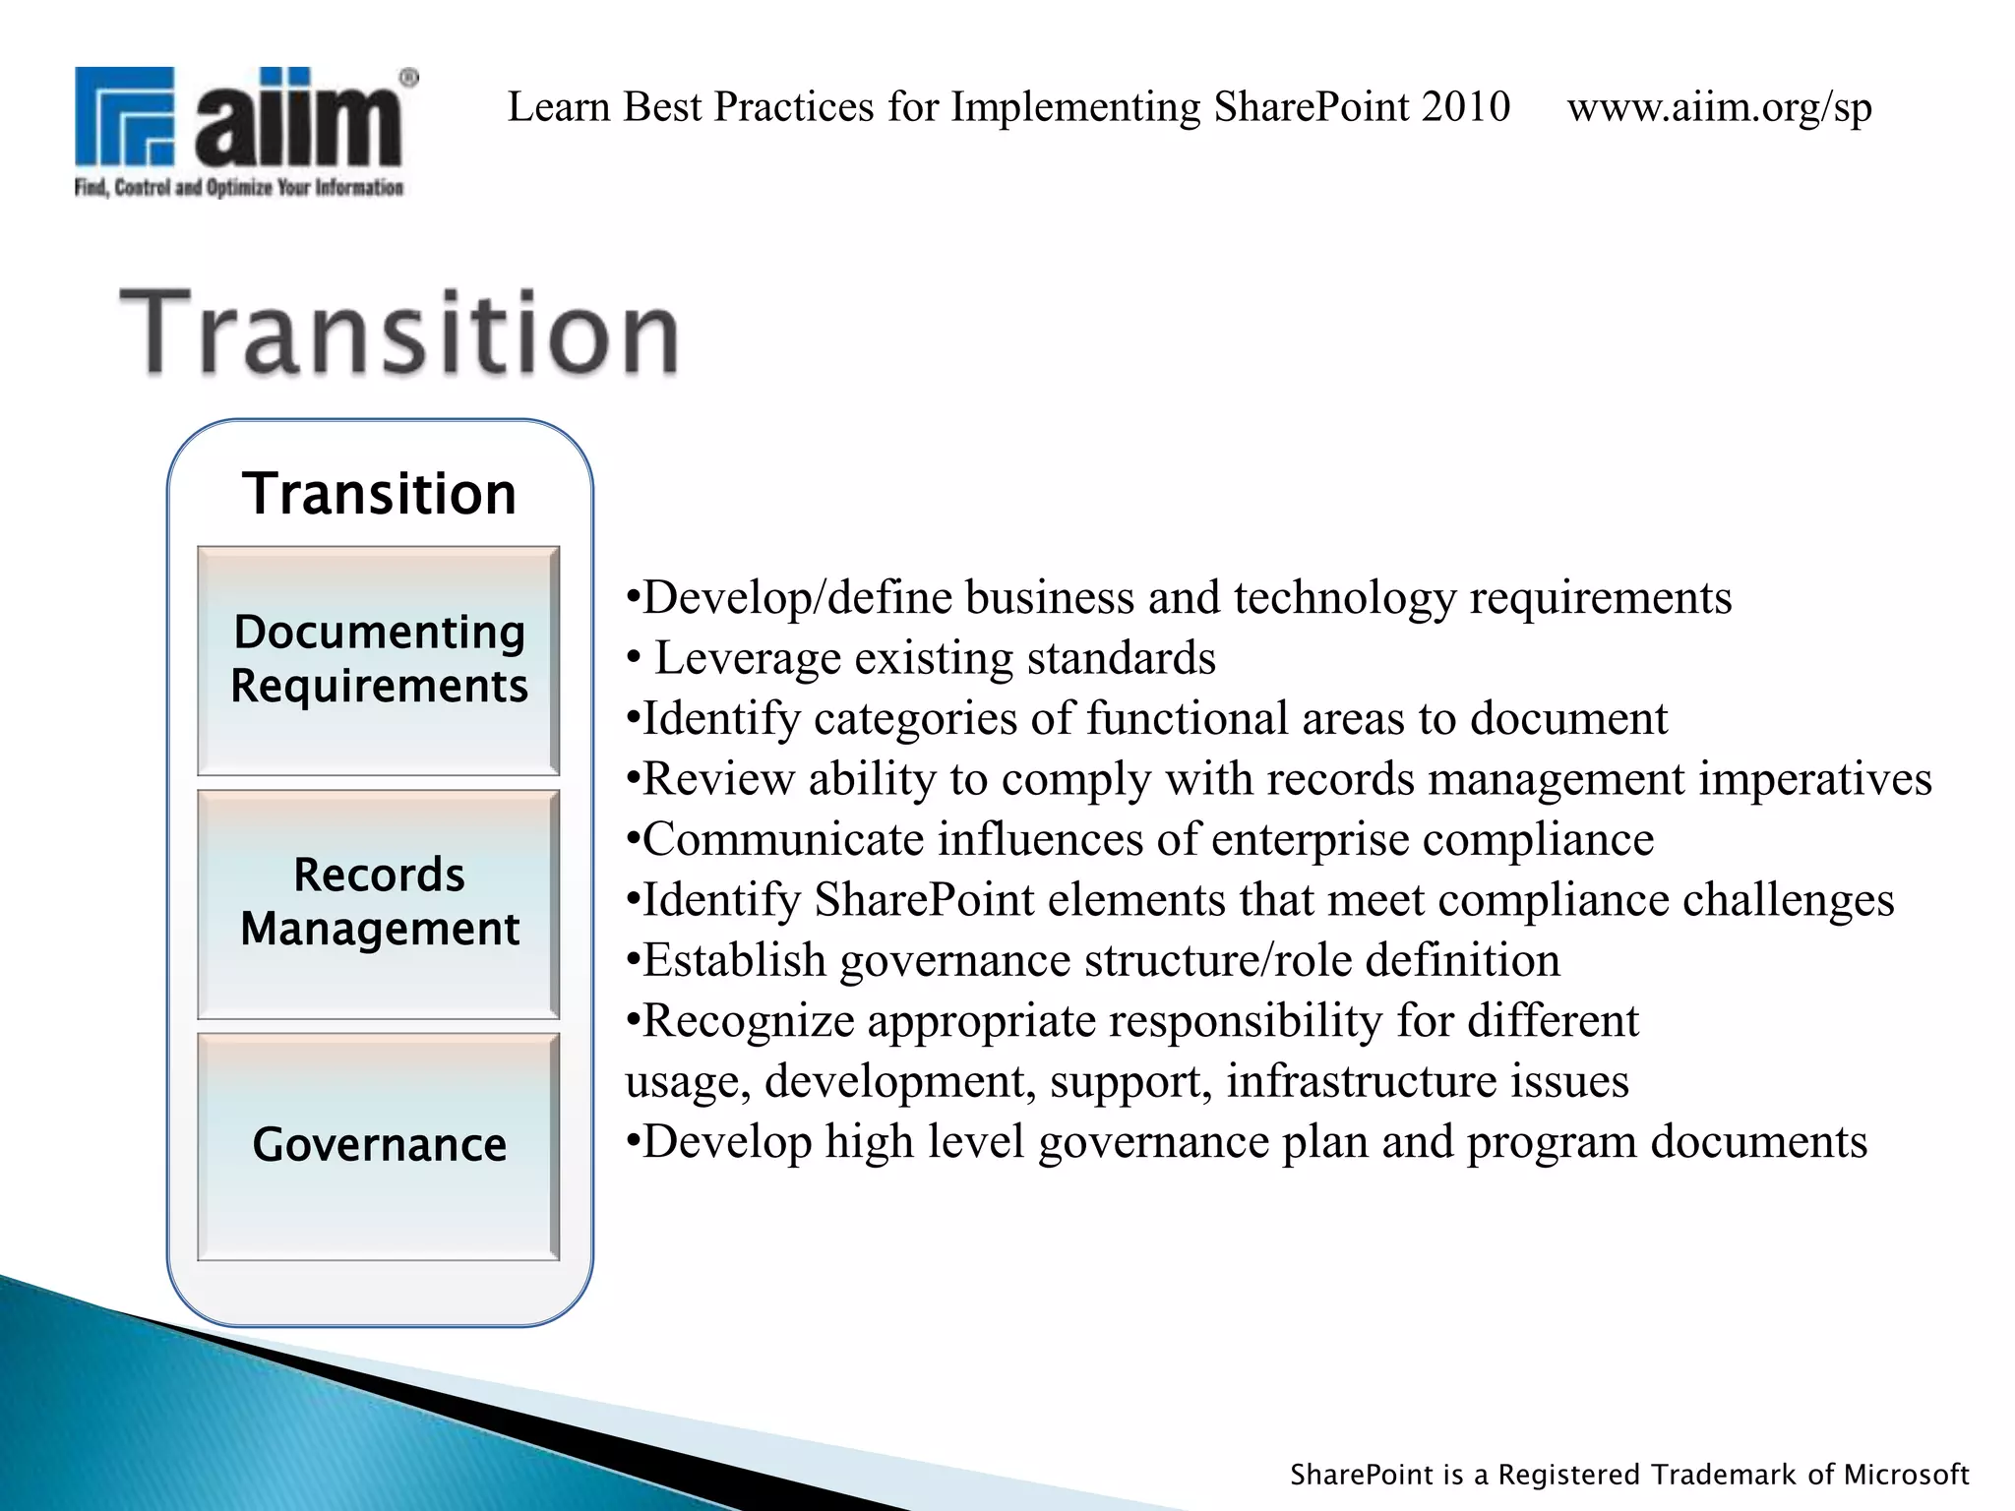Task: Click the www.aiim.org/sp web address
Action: pos(1719,107)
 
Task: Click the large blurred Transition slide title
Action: pos(398,334)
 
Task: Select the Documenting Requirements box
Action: pos(379,660)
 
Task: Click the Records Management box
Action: pos(379,903)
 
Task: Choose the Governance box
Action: pos(379,1146)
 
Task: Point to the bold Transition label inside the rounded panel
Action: pos(379,494)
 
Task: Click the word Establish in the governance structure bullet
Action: pos(734,961)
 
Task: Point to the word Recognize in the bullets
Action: pos(748,1021)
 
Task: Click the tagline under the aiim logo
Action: pos(239,188)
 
